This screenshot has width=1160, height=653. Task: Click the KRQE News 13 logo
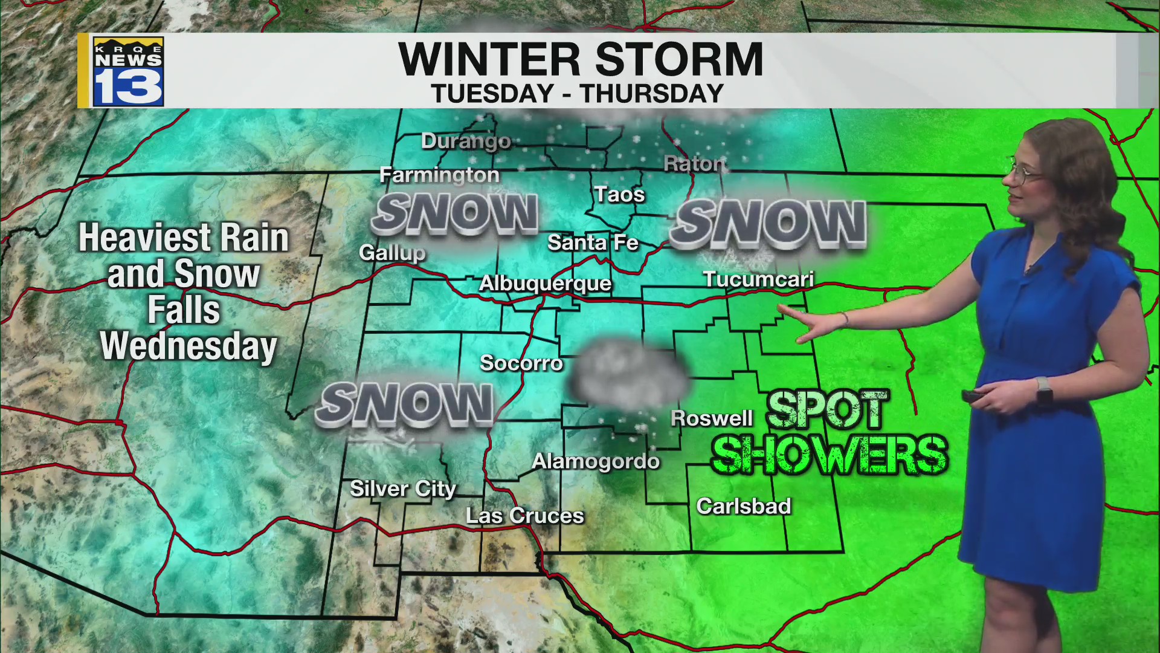click(127, 71)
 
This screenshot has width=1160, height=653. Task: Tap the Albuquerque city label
click(545, 283)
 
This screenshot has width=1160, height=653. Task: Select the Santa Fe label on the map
click(592, 242)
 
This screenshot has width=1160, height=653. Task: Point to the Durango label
click(466, 141)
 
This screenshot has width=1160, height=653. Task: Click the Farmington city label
click(439, 175)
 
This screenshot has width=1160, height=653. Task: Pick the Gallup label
click(392, 252)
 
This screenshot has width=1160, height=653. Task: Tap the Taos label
click(619, 194)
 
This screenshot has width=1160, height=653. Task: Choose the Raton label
click(694, 163)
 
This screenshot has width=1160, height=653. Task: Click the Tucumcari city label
click(758, 279)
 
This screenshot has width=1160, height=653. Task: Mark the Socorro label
click(521, 363)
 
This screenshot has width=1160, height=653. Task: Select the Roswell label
click(712, 418)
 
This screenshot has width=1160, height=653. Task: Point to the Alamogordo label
click(595, 461)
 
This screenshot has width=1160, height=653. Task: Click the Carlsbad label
click(743, 506)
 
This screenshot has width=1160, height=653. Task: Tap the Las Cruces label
click(524, 516)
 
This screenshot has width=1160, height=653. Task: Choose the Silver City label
click(402, 489)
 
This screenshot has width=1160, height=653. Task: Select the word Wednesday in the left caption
click(188, 346)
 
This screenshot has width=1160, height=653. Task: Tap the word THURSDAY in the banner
click(651, 94)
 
